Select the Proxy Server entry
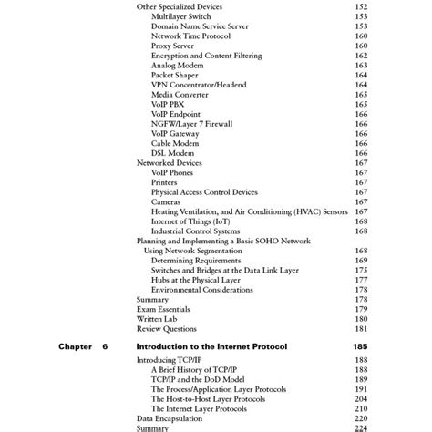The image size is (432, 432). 172,46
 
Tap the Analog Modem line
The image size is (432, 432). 176,66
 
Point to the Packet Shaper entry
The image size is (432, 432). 175,76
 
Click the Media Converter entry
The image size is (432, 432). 180,95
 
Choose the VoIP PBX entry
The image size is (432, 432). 167,104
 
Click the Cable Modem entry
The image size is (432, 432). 174,143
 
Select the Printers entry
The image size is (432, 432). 164,182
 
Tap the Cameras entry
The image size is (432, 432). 166,201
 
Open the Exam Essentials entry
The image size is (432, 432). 162,309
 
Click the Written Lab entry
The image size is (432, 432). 157,319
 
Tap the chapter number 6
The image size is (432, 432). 106,347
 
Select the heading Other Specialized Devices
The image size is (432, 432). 180,6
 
